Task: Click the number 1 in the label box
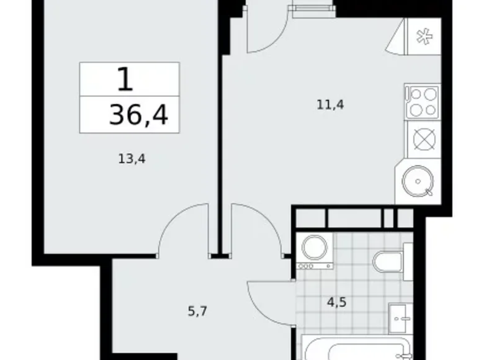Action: tap(125, 79)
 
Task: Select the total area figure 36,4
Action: tap(138, 115)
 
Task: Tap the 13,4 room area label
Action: tap(132, 159)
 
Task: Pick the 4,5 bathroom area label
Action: tap(336, 304)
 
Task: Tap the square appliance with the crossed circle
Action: tap(423, 138)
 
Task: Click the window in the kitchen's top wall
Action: tap(311, 10)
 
